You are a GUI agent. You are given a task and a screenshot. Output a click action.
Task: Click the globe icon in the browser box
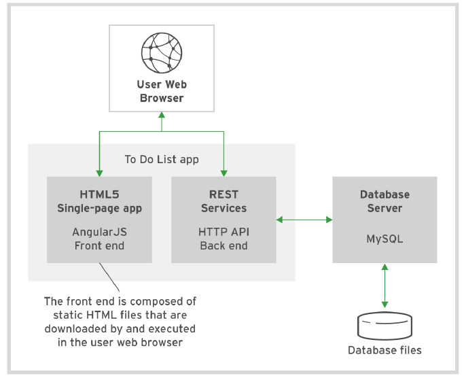point(162,52)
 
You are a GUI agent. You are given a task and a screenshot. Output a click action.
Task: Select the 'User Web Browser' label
point(162,92)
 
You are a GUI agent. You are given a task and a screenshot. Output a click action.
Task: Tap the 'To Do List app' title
point(162,159)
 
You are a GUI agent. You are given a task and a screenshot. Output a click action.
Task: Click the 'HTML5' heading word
point(99,194)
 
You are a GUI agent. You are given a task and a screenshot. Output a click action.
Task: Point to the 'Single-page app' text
point(99,207)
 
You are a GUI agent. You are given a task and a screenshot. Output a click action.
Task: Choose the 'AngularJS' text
point(99,232)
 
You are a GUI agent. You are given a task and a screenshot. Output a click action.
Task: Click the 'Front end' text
point(99,245)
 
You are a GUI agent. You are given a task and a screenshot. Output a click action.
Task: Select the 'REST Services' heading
point(224,201)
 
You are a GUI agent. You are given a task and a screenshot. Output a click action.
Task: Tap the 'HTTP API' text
point(224,232)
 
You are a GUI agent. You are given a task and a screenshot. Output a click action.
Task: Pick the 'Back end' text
point(224,245)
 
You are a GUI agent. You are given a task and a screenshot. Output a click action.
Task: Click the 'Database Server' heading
point(385,201)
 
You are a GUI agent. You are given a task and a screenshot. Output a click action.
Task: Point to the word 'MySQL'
point(385,239)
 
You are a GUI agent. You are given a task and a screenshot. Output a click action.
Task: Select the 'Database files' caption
point(385,350)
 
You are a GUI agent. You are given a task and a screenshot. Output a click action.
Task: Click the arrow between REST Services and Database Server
point(304,219)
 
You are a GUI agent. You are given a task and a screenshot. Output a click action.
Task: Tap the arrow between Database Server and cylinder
point(385,287)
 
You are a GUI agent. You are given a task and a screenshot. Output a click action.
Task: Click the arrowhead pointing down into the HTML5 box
point(99,171)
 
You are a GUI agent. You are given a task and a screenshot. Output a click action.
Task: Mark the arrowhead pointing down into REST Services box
point(224,171)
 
